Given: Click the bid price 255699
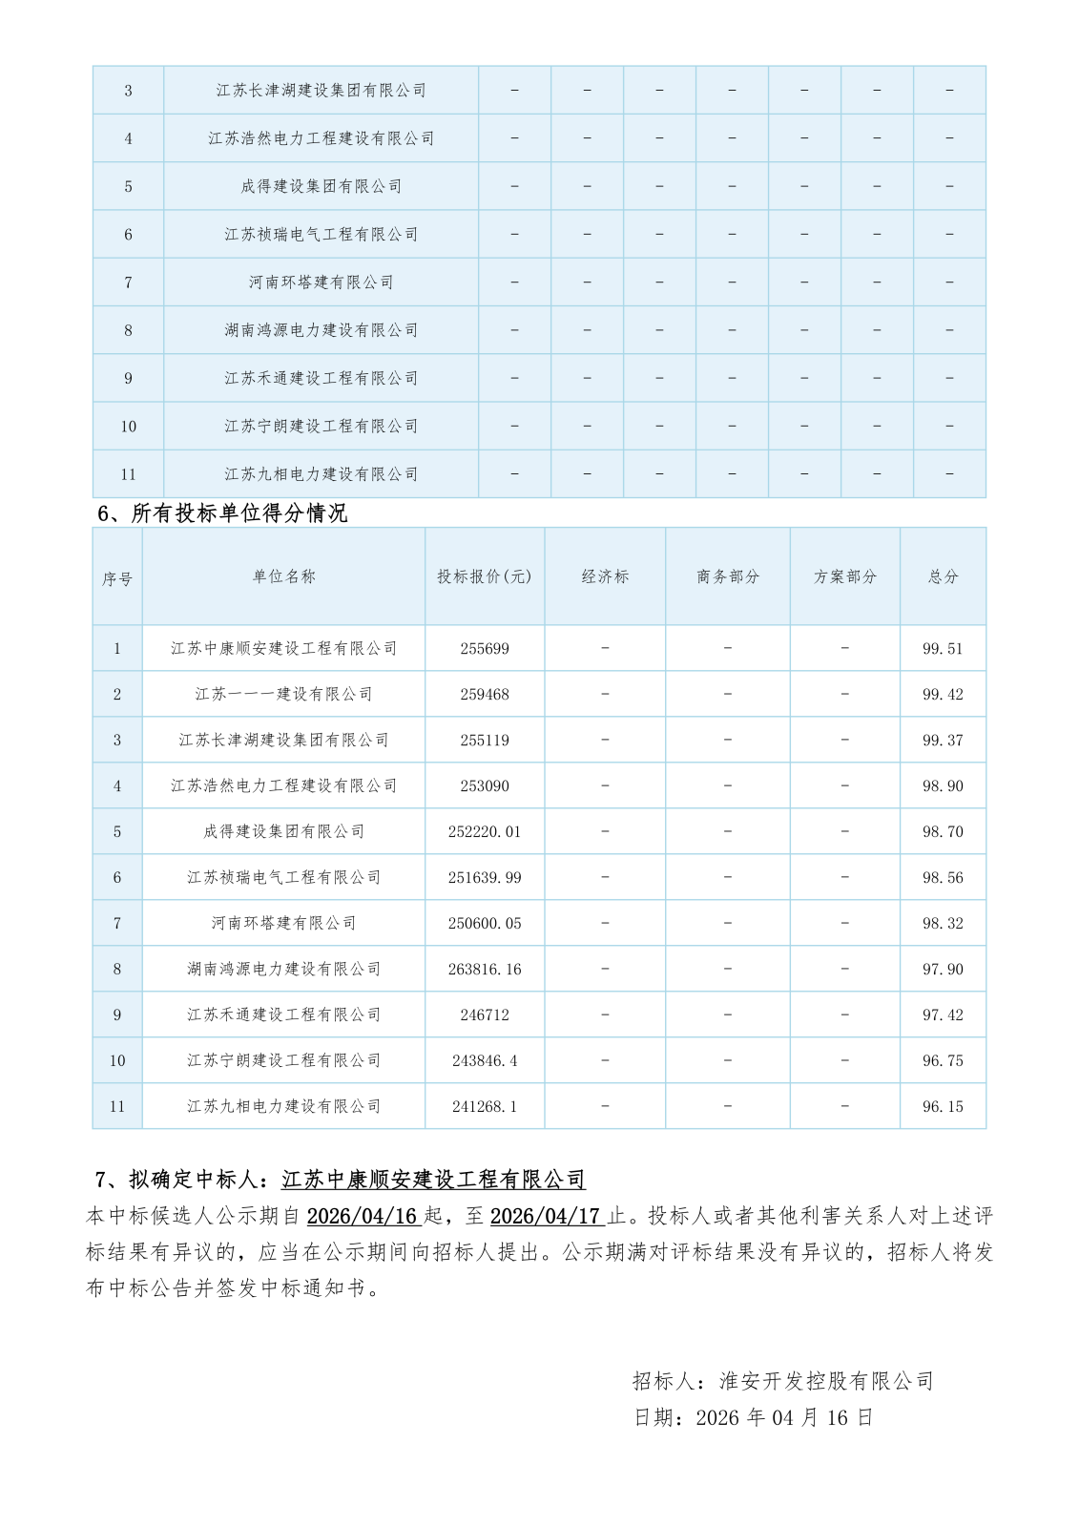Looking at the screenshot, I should pyautogui.click(x=485, y=649).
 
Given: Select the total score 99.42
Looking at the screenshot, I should pyautogui.click(x=943, y=695).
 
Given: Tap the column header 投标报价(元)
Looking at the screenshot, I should pyautogui.click(x=485, y=576).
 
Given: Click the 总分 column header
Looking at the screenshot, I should pyautogui.click(x=943, y=576).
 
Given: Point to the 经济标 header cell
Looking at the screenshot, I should pyautogui.click(x=605, y=576).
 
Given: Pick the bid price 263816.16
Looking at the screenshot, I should pyautogui.click(x=485, y=970).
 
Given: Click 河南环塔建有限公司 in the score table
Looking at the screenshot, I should pyautogui.click(x=283, y=924).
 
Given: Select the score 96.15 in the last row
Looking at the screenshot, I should pyautogui.click(x=943, y=1107).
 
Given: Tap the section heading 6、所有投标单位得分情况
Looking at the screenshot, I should pyautogui.click(x=222, y=513).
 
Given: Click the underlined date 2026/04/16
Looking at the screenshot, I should pyautogui.click(x=363, y=1216).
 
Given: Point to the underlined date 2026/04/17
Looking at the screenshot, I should pyautogui.click(x=546, y=1216).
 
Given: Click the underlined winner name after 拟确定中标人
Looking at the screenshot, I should pyautogui.click(x=433, y=1180).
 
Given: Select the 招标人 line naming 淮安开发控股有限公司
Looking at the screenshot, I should pyautogui.click(x=782, y=1381).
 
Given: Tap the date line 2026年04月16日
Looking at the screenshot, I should pyautogui.click(x=754, y=1417).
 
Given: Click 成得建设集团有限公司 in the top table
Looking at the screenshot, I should pyautogui.click(x=321, y=187).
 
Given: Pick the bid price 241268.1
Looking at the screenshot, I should pyautogui.click(x=485, y=1107).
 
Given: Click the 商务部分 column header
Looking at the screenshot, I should pyautogui.click(x=728, y=576).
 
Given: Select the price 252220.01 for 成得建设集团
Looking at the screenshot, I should pyautogui.click(x=485, y=832).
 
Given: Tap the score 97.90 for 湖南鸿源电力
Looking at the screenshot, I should pyautogui.click(x=943, y=970).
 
